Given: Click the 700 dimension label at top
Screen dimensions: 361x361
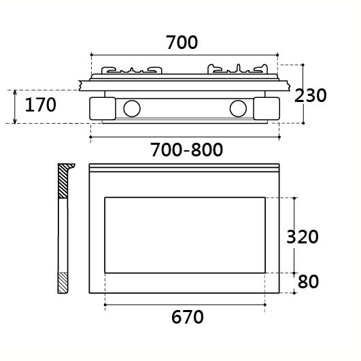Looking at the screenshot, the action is click(182, 42).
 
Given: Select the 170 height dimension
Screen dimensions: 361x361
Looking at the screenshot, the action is click(40, 105).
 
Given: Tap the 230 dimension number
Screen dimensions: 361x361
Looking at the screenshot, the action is click(310, 95).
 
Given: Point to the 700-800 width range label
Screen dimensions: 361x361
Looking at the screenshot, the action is click(186, 150).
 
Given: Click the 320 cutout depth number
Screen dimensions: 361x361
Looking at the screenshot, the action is click(303, 237).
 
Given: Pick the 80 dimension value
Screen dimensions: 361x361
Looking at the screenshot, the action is click(308, 281).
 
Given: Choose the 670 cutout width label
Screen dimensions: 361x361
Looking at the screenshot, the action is click(188, 317).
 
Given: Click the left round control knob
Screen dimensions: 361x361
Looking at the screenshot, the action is click(132, 109).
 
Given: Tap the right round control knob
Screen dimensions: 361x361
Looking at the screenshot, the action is click(238, 109).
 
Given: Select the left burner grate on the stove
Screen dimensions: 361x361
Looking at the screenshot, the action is click(132, 70).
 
